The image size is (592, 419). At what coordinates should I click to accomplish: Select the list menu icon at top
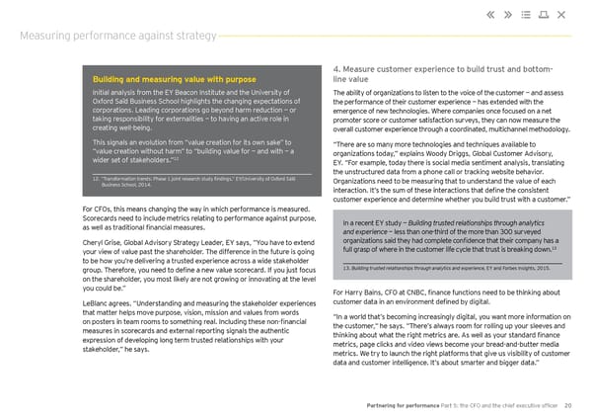point(538,14)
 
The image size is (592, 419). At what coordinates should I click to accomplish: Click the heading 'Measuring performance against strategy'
point(118,37)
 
